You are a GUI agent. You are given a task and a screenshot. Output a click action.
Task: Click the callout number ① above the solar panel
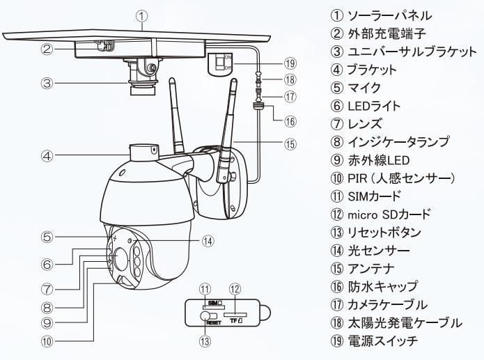(141, 16)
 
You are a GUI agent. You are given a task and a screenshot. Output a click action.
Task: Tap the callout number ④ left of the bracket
(47, 156)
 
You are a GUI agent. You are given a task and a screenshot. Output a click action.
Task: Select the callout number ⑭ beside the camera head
(208, 241)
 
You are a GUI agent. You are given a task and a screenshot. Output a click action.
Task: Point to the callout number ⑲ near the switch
(290, 63)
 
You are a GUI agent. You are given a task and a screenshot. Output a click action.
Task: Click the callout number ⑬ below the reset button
(205, 341)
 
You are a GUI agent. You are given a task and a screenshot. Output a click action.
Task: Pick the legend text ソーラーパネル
(390, 15)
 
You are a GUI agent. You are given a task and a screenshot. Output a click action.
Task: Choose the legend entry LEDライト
(374, 106)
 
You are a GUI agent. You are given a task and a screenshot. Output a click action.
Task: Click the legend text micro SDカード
(389, 214)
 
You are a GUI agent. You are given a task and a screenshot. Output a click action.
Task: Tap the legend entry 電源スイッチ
(383, 341)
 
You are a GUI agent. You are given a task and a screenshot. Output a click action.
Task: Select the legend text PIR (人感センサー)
(401, 178)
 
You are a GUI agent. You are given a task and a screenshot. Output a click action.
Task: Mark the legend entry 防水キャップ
(383, 286)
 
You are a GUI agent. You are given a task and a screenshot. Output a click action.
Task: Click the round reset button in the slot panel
(205, 316)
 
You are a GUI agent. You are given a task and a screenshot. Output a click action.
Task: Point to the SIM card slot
(214, 308)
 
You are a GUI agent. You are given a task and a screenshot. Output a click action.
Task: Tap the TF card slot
(235, 315)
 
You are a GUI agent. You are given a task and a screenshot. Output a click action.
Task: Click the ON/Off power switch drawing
(220, 64)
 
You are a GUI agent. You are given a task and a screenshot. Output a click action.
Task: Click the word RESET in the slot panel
(214, 322)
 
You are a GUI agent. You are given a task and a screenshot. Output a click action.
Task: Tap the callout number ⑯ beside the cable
(290, 121)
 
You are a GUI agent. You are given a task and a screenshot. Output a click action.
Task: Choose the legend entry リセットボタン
(384, 232)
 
